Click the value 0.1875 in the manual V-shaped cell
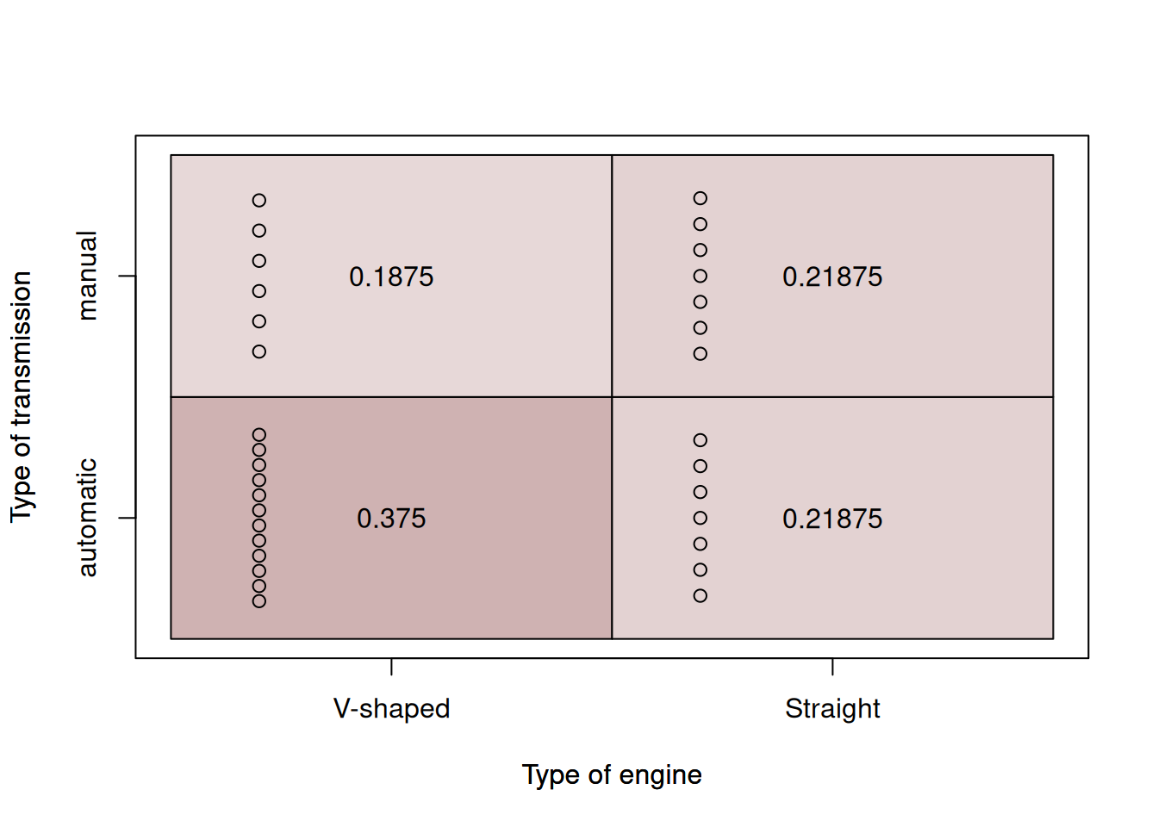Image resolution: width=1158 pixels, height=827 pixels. [x=391, y=277]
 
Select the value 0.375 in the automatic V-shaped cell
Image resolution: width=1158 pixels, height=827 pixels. [x=391, y=519]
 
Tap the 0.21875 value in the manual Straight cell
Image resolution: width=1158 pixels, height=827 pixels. [x=832, y=277]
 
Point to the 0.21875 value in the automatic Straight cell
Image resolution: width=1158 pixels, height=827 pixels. [x=832, y=519]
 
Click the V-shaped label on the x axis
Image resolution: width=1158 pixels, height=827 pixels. [x=391, y=709]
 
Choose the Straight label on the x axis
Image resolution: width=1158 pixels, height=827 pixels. [x=832, y=709]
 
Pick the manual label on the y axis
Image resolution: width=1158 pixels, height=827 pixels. [x=88, y=276]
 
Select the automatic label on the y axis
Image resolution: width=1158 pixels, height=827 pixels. [x=88, y=518]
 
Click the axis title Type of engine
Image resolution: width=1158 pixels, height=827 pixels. [x=612, y=774]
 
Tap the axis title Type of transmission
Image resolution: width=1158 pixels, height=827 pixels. [x=22, y=397]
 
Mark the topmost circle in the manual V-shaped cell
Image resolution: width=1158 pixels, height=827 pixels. [x=259, y=201]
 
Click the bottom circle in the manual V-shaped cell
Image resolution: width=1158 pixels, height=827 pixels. [x=259, y=351]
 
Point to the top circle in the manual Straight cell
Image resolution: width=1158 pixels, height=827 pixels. [x=700, y=198]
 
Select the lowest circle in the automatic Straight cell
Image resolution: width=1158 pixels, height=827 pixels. [x=700, y=596]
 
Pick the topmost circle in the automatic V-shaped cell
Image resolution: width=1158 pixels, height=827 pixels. [x=259, y=435]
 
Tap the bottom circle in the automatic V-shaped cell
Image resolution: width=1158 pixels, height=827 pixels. [x=259, y=601]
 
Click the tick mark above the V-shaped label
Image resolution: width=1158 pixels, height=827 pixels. [x=391, y=667]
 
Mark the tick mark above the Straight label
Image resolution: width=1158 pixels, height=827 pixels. [x=832, y=667]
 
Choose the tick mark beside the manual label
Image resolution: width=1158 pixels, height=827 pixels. [x=127, y=276]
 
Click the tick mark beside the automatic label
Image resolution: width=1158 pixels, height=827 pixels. [x=127, y=518]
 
